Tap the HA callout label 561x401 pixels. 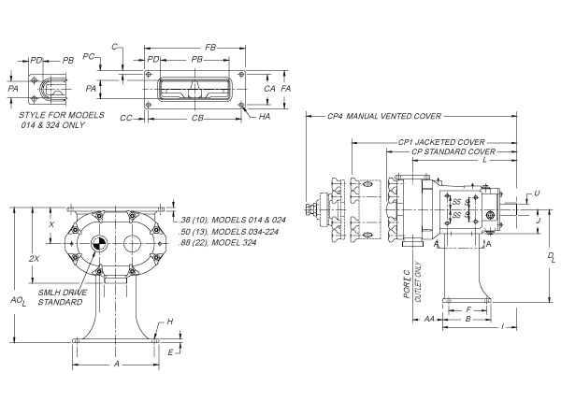(x=265, y=117)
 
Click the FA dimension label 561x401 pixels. (x=286, y=87)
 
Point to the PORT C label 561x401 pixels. (x=406, y=284)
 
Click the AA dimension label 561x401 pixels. (x=428, y=319)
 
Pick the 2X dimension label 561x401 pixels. (x=35, y=257)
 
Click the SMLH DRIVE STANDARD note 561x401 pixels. (x=61, y=297)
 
